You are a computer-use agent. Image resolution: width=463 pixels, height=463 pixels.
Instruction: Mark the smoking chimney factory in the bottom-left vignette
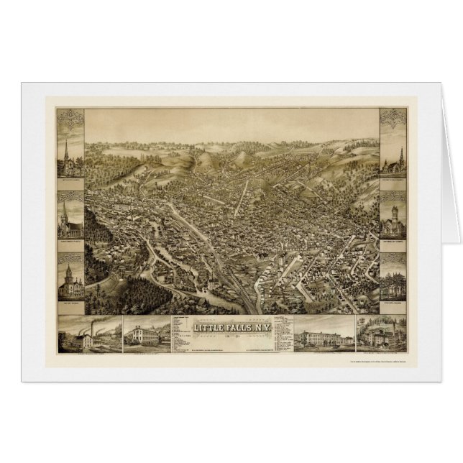click(x=88, y=335)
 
